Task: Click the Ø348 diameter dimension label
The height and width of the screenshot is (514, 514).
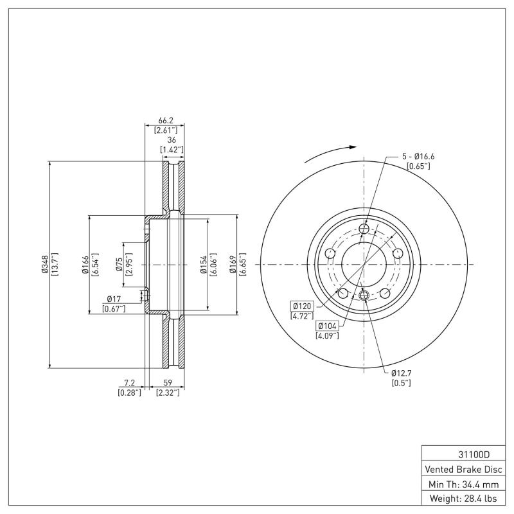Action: coord(44,264)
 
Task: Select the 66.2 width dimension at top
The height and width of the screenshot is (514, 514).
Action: coord(166,120)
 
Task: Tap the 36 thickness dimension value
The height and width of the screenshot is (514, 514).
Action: coord(172,140)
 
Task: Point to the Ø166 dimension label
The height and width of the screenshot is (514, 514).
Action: coord(84,264)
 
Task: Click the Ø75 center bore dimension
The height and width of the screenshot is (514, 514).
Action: coord(120,264)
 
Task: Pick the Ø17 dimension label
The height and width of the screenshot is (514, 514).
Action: coord(114,299)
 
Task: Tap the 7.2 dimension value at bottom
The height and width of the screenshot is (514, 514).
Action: coord(129,383)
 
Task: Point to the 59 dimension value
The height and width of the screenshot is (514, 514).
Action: coord(167,383)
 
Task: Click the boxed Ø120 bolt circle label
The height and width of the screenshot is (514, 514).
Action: coord(301,306)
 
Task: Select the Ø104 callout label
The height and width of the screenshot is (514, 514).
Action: coord(326,326)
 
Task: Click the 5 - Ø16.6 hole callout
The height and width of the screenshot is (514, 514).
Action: coord(419,156)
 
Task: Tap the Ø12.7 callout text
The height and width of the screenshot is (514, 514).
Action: coord(402,373)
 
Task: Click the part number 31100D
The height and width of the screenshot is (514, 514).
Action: coord(462,453)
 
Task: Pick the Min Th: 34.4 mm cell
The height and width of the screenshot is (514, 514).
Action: coord(462,483)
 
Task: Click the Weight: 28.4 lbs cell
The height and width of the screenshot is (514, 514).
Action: coord(462,498)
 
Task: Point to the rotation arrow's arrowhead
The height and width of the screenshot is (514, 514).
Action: coord(353,147)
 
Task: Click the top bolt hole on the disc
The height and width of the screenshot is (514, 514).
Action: coord(364,229)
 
